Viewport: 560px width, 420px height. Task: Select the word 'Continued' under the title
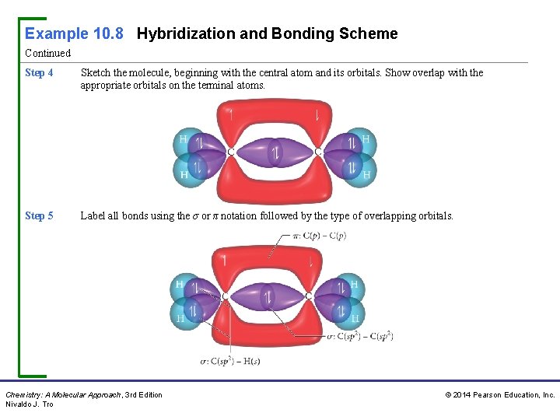pos(47,54)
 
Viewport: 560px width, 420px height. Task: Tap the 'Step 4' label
pos(39,73)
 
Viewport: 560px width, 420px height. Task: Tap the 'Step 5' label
pos(39,216)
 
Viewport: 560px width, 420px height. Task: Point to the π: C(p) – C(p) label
pos(313,236)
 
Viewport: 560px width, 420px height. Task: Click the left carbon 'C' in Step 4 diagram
pos(231,152)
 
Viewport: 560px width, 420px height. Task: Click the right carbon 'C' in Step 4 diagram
pos(318,152)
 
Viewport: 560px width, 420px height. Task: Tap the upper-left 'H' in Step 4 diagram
pos(184,138)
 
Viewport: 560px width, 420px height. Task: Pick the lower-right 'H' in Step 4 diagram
pos(366,175)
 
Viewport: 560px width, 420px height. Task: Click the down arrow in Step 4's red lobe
pos(317,116)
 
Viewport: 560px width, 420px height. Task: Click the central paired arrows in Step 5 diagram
pos(267,297)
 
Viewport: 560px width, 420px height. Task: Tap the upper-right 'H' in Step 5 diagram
pos(355,285)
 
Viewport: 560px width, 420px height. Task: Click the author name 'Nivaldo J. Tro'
pos(30,404)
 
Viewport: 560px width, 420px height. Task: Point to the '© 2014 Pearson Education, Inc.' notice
pos(499,395)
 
